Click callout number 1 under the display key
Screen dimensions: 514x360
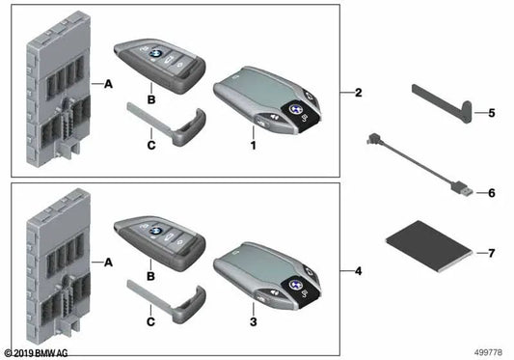(253, 145)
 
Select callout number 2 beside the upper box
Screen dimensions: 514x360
(359, 93)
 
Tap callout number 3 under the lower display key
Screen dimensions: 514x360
(253, 322)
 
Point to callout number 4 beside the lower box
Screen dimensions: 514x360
(359, 271)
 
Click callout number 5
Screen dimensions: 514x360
(492, 113)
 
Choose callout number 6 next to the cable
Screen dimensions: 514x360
(492, 193)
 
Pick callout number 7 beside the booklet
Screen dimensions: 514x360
(492, 253)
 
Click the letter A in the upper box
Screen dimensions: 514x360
(108, 84)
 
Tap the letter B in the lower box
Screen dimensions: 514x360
(150, 276)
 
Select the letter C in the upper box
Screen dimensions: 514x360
(151, 145)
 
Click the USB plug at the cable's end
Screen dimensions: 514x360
(462, 189)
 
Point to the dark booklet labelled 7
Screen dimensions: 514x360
(429, 247)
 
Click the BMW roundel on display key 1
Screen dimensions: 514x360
(296, 109)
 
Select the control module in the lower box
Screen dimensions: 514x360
(59, 266)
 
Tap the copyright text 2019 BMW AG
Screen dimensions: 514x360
(36, 353)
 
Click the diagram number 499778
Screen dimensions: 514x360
(488, 352)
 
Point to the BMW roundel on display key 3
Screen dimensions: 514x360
(296, 285)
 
